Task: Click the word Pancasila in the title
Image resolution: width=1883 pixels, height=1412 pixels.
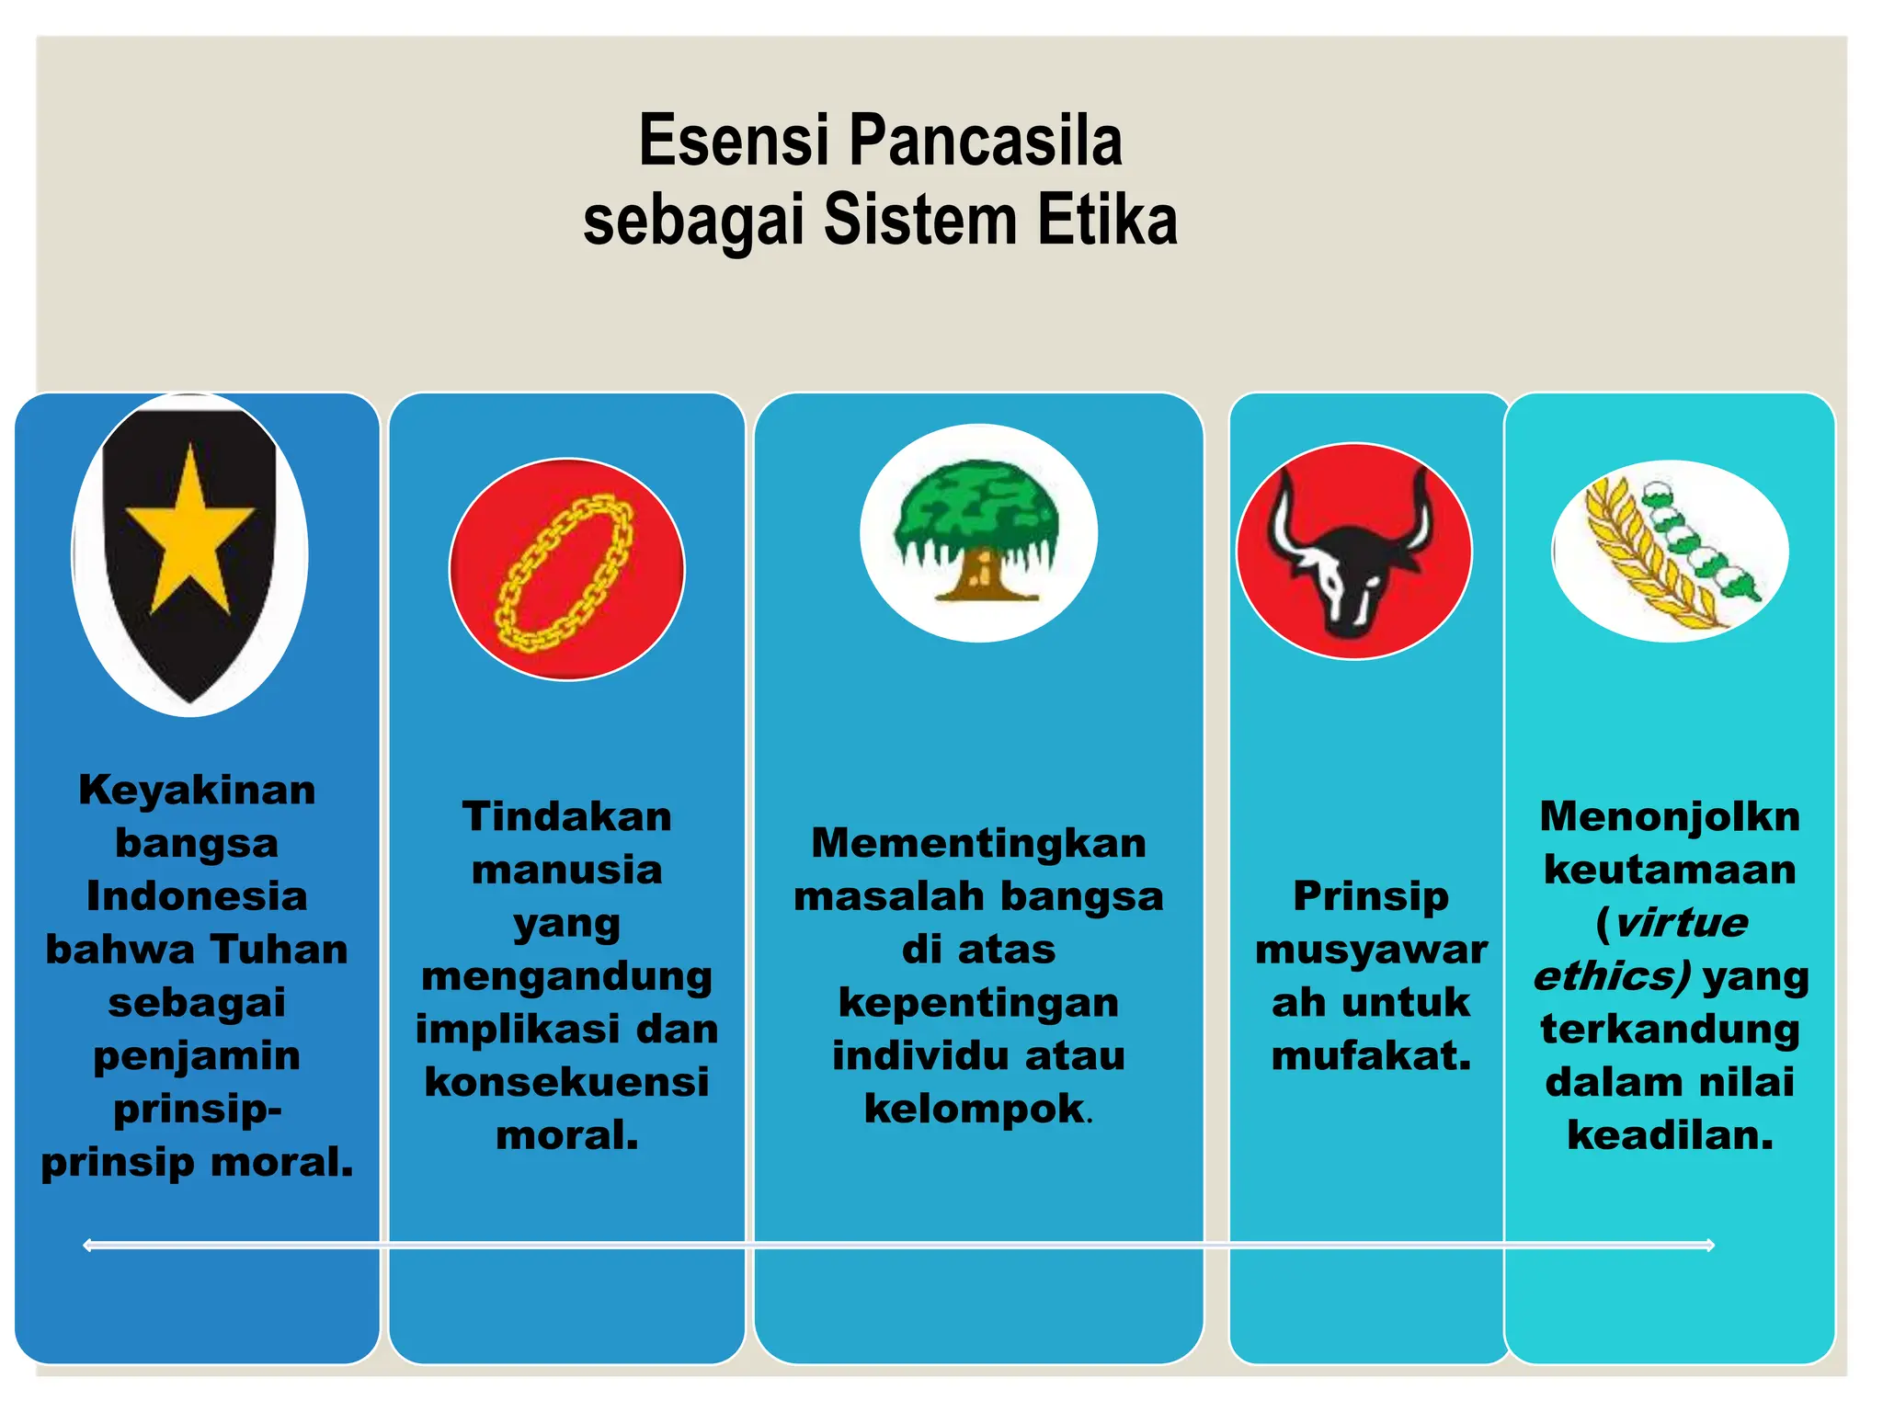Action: pyautogui.click(x=985, y=141)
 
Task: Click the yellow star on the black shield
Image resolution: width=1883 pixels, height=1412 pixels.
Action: pyautogui.click(x=189, y=531)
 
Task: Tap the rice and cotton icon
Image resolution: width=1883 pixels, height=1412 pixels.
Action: pyautogui.click(x=1669, y=552)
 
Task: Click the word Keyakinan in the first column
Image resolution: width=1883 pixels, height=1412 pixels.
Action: pyautogui.click(x=197, y=790)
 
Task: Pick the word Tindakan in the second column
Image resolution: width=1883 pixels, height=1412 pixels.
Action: pyautogui.click(x=566, y=816)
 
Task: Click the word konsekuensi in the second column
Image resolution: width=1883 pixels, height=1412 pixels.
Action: pyautogui.click(x=566, y=1082)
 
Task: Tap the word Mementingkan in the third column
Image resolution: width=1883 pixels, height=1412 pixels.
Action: pyautogui.click(x=978, y=843)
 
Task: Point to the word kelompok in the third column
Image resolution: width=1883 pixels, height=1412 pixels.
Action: pyautogui.click(x=974, y=1109)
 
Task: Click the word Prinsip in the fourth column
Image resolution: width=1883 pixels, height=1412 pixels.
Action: pyautogui.click(x=1370, y=896)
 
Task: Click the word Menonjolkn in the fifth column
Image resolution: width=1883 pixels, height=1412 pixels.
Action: pyautogui.click(x=1669, y=816)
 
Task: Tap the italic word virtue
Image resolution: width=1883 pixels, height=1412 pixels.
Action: pyautogui.click(x=1680, y=922)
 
